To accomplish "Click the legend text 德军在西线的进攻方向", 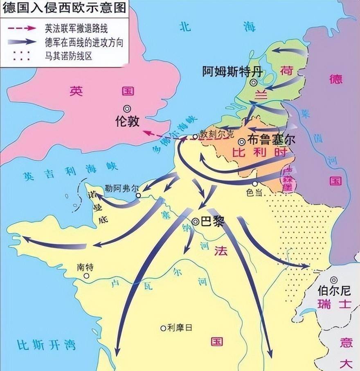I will click(x=83, y=42).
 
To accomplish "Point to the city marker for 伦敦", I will click(x=127, y=109).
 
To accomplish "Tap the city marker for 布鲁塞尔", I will click(x=242, y=142).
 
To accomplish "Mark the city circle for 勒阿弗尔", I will click(x=138, y=195).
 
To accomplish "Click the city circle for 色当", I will click(x=255, y=184).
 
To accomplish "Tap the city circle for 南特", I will click(x=86, y=276).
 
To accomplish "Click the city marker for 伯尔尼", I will click(x=334, y=280).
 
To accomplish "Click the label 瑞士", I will click(x=334, y=303).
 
